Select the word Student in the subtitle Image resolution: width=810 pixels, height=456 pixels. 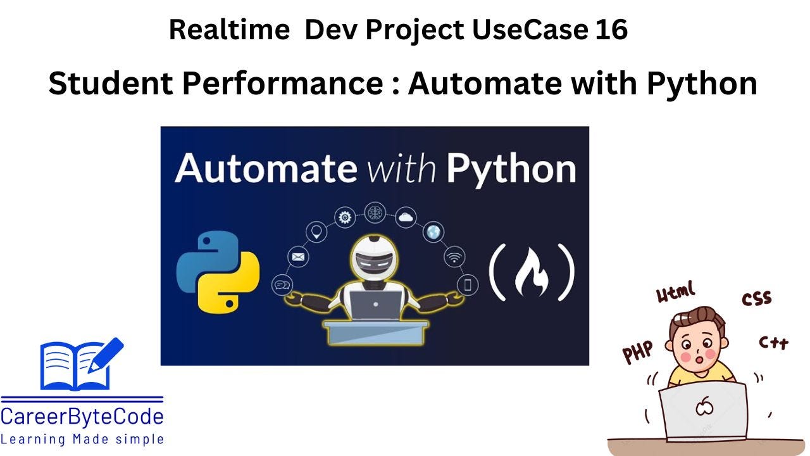click(x=110, y=83)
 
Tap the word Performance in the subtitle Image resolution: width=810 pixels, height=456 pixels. click(x=283, y=83)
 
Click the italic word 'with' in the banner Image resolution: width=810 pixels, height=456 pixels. click(x=402, y=168)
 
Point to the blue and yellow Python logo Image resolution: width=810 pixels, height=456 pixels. click(x=218, y=272)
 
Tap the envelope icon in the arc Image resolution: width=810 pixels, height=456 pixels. click(x=298, y=257)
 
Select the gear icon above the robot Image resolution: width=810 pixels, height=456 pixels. click(x=345, y=217)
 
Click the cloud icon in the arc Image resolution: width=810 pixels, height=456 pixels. click(x=406, y=217)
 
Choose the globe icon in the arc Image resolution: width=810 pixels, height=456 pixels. click(x=433, y=232)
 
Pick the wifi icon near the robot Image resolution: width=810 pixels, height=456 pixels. click(x=454, y=256)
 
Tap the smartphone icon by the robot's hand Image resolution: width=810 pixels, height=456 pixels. click(x=468, y=285)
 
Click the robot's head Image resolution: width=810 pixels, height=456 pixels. click(x=375, y=257)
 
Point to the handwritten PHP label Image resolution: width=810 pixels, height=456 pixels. click(x=638, y=351)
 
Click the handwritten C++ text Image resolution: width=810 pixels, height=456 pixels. click(x=773, y=343)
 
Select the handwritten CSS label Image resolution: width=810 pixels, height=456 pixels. click(x=757, y=298)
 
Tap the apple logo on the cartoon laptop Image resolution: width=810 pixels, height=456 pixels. click(x=704, y=406)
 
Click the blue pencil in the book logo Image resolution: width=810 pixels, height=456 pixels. click(x=106, y=355)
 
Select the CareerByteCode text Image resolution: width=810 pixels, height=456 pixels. click(x=82, y=417)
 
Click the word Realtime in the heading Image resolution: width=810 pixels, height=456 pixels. click(x=229, y=29)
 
